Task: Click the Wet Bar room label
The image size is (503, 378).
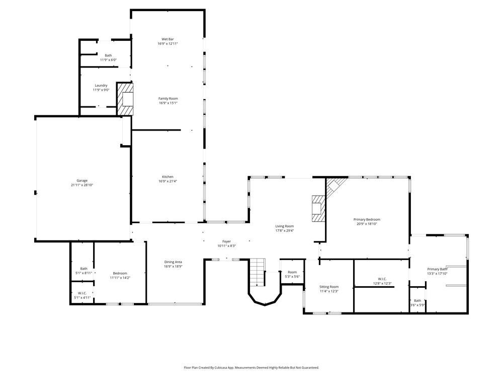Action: (167, 39)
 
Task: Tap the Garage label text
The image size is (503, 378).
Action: (82, 180)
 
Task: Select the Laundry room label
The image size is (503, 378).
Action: (101, 86)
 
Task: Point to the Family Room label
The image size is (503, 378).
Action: (168, 98)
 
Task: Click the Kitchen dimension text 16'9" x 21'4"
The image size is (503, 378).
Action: (167, 181)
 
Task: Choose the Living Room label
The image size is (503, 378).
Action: (284, 226)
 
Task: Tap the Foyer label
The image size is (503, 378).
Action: (226, 241)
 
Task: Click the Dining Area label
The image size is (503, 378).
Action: (173, 262)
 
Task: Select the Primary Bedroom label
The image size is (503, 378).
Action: (367, 219)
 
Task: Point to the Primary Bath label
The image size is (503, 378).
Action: (437, 269)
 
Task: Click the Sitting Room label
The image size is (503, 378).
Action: (329, 286)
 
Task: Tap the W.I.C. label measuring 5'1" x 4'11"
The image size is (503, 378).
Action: (82, 293)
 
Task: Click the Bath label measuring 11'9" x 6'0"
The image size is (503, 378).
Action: (108, 55)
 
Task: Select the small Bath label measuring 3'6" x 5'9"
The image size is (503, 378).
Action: (417, 300)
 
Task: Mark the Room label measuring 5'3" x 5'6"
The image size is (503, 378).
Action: (292, 272)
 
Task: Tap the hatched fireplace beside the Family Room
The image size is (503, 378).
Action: (126, 99)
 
